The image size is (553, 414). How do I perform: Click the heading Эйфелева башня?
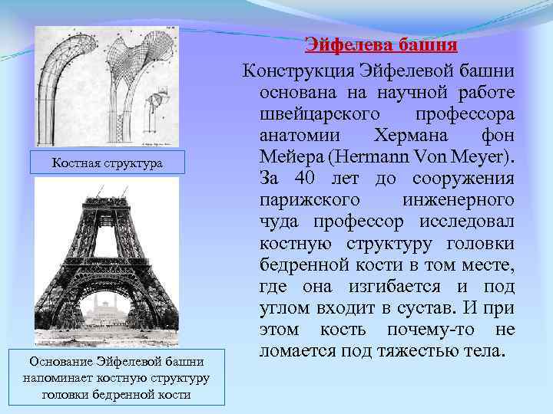[x=381, y=44]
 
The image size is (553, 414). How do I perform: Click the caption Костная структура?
[x=107, y=163]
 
